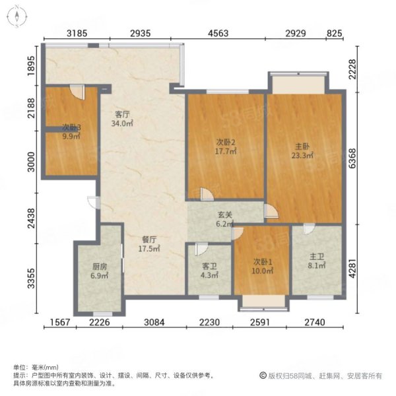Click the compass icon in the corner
[17, 16]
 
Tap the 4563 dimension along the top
[218, 34]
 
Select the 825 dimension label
[335, 33]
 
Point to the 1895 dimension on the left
[31, 66]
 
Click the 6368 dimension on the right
[352, 158]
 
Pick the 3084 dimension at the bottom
[154, 322]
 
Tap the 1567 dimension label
[60, 322]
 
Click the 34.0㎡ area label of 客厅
[122, 123]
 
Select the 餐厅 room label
[149, 239]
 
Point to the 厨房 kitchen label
[100, 267]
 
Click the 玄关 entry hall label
[225, 215]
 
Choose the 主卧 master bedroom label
[302, 147]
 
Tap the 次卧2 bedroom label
[226, 143]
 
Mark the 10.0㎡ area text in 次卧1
[263, 271]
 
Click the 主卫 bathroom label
[317, 257]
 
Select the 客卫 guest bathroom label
[209, 266]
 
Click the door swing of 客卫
[201, 249]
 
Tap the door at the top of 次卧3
[77, 92]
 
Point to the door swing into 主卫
[310, 229]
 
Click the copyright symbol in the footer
[263, 376]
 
